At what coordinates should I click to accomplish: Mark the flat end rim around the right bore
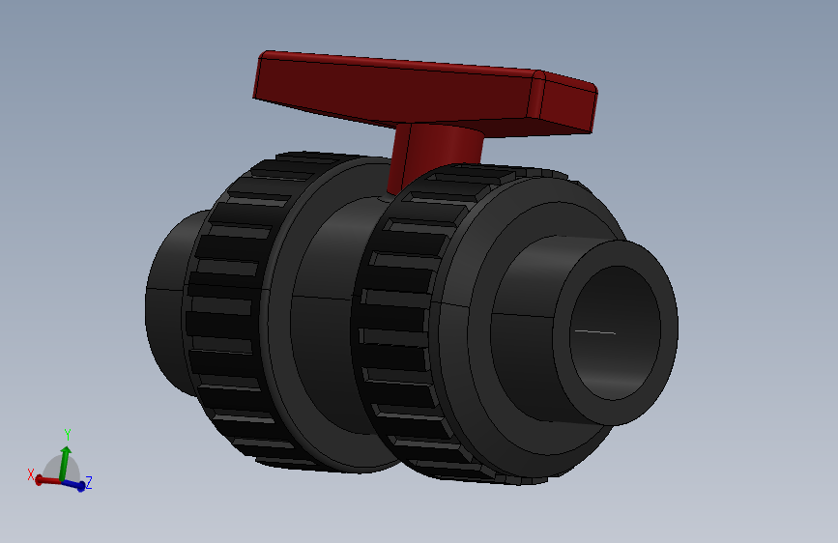click(x=667, y=329)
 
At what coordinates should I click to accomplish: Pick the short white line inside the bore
click(x=593, y=331)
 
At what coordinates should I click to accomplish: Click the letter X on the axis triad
click(x=31, y=474)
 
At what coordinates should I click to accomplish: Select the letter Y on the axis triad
click(x=67, y=434)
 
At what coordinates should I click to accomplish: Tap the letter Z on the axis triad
click(x=89, y=482)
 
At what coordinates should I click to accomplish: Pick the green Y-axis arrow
click(x=65, y=460)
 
